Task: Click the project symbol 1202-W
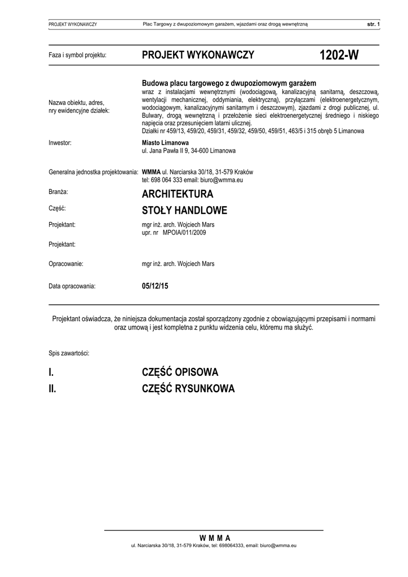[339, 55]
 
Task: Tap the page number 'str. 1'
[374, 24]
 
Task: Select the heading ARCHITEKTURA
[178, 194]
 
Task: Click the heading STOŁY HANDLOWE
[184, 211]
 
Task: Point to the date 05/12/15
[155, 286]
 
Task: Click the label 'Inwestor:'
[60, 143]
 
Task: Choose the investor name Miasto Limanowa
[165, 143]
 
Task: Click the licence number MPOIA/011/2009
[184, 232]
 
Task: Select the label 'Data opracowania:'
[72, 286]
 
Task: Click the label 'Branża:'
[59, 192]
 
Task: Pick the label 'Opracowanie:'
[66, 263]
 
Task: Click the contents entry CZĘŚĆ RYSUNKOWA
[188, 389]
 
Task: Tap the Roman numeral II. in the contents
[52, 389]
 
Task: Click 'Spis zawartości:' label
[69, 353]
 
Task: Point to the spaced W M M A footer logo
[215, 538]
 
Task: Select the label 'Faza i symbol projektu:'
[77, 55]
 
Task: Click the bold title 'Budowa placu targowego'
[229, 82]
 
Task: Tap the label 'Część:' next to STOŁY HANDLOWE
[57, 208]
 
